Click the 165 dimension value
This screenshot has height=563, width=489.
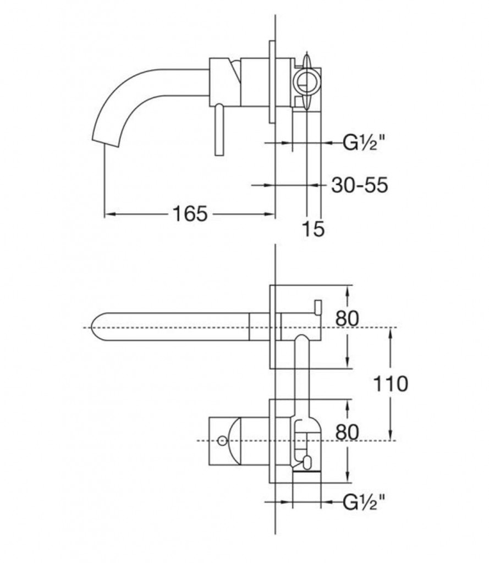click(190, 214)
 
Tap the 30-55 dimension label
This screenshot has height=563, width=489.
click(360, 185)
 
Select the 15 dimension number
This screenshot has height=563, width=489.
click(314, 229)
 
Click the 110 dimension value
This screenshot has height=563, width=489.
click(391, 384)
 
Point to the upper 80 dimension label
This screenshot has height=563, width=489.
click(347, 318)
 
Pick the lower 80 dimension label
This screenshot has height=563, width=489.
click(347, 432)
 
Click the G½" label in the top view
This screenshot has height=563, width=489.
click(364, 143)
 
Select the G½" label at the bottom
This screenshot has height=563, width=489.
click(364, 503)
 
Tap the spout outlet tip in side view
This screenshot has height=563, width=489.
click(106, 142)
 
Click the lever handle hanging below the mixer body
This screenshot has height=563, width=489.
click(219, 131)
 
